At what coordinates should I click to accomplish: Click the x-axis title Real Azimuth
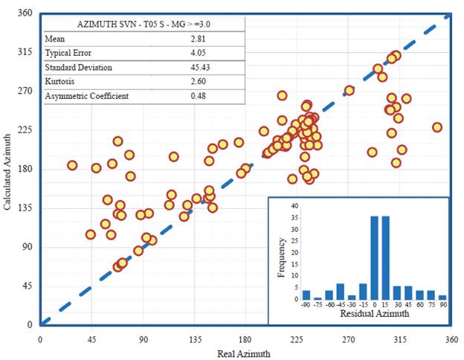pyautogui.click(x=245, y=354)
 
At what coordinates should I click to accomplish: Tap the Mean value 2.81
pyautogui.click(x=199, y=39)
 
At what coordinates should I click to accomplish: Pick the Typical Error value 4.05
pyautogui.click(x=200, y=53)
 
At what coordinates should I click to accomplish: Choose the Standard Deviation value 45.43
pyautogui.click(x=202, y=68)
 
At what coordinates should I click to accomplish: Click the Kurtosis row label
pyautogui.click(x=59, y=82)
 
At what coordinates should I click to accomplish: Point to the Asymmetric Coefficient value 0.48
pyautogui.click(x=199, y=96)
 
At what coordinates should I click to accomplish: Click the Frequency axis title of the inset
pyautogui.click(x=282, y=256)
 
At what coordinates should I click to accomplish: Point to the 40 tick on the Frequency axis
pyautogui.click(x=294, y=207)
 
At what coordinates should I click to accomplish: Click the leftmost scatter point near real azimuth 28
pyautogui.click(x=72, y=165)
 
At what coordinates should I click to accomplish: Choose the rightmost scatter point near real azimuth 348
pyautogui.click(x=437, y=127)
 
